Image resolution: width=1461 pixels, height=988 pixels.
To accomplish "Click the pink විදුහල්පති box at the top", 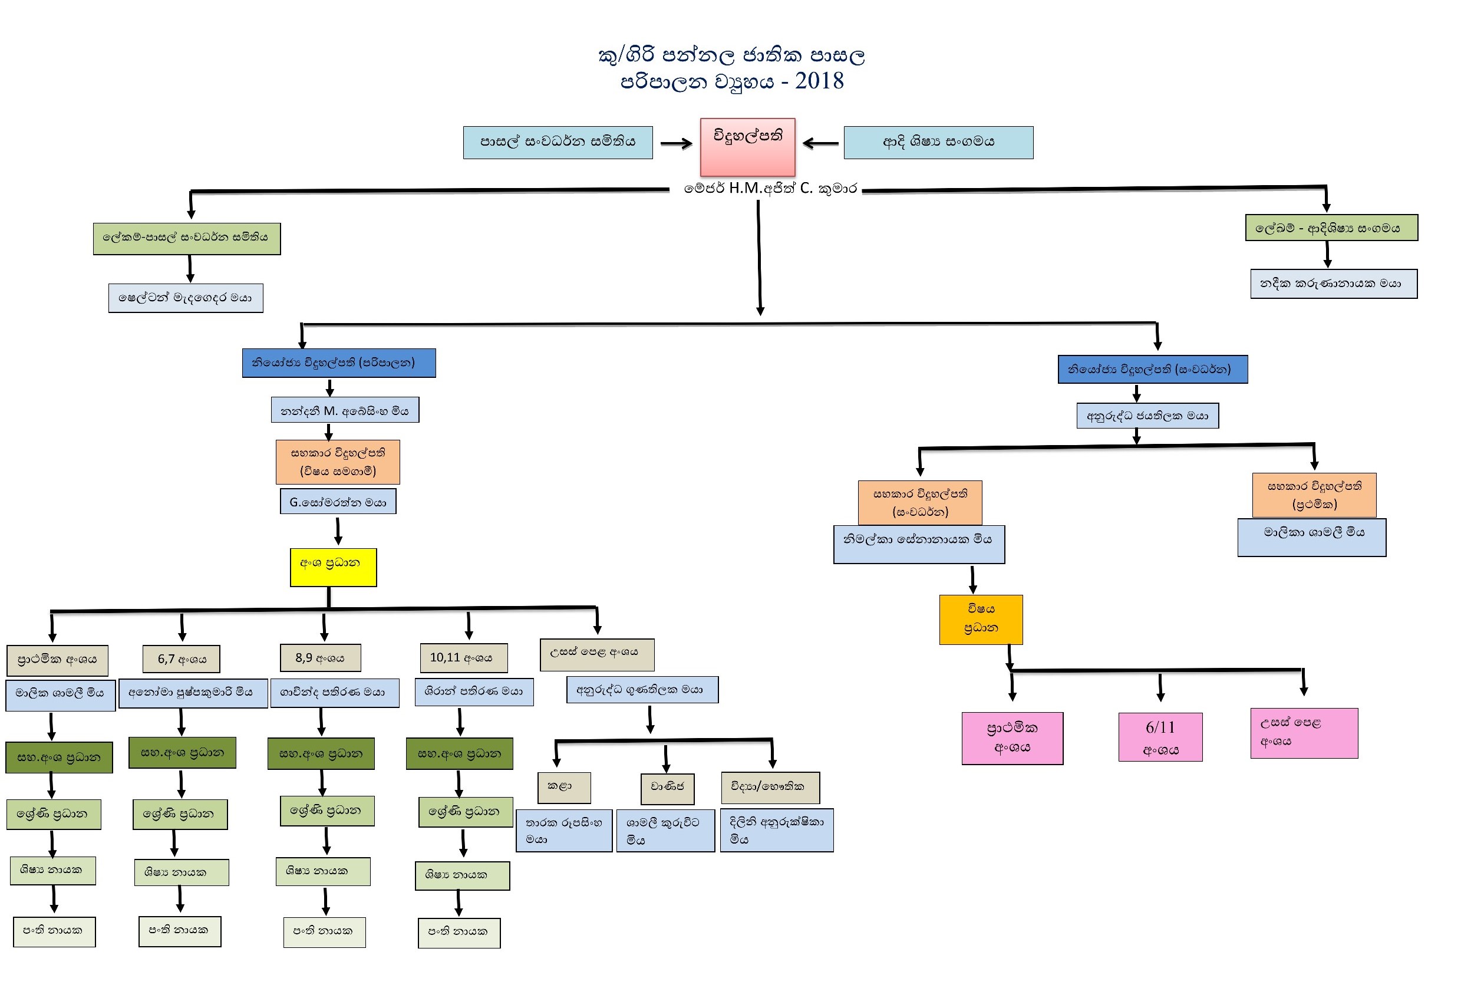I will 747,147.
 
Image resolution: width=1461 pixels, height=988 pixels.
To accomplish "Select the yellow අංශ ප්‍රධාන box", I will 333,567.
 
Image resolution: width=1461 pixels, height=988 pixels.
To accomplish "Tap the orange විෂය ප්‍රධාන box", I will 981,619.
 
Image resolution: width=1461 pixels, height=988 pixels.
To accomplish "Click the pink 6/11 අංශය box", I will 1160,736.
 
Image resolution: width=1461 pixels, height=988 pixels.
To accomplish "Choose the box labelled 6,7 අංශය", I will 181,658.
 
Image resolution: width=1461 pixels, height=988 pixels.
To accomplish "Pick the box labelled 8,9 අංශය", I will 320,657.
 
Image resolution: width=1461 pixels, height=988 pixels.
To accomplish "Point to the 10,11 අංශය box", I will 463,657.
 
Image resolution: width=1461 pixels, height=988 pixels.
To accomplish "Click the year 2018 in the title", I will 819,81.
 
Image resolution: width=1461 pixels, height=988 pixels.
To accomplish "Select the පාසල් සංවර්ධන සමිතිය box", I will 558,142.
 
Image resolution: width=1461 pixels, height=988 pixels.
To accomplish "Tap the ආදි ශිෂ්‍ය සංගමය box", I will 938,142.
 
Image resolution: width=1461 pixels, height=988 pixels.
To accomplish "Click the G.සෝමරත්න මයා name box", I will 338,501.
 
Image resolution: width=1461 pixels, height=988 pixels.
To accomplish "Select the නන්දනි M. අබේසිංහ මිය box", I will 345,410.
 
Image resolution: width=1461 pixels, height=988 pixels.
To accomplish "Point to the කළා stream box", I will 564,787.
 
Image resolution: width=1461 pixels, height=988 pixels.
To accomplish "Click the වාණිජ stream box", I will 667,788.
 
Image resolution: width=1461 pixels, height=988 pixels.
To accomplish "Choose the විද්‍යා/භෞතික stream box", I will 770,787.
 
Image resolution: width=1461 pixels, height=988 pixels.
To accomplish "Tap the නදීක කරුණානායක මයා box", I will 1333,284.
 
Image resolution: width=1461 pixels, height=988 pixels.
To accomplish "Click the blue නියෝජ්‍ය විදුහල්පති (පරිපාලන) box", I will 339,363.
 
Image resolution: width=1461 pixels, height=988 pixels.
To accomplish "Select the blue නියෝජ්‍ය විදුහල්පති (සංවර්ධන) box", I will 1152,369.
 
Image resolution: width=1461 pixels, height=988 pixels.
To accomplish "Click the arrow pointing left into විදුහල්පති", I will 820,143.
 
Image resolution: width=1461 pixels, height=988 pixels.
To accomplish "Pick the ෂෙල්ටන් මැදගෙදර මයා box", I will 186,298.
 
